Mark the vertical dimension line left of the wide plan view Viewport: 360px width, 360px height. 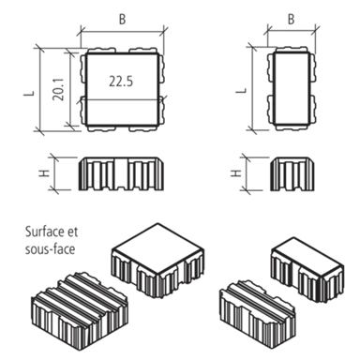(36, 84)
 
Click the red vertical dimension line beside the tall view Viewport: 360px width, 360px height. (250, 84)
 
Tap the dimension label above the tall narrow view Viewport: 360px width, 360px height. (290, 15)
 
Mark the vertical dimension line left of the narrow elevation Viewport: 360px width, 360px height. (250, 175)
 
